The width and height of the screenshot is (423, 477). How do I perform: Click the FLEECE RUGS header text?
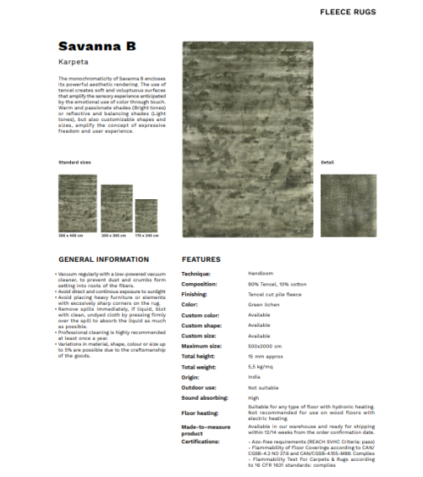[x=371, y=13]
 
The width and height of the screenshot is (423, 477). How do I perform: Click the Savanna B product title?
[x=97, y=45]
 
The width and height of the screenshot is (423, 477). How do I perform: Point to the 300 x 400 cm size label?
[x=71, y=234]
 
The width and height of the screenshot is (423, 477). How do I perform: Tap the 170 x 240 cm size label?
[x=146, y=234]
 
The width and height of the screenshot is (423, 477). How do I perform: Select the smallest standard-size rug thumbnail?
[x=146, y=214]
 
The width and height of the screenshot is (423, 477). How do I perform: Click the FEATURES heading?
[x=201, y=259]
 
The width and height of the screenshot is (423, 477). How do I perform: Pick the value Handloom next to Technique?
[x=260, y=275]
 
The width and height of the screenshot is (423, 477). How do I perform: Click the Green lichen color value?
[x=264, y=303]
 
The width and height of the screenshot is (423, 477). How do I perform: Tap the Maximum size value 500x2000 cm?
[x=266, y=346]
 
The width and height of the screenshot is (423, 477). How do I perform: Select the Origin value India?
[x=254, y=376]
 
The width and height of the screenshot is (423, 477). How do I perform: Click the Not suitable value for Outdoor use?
[x=263, y=386]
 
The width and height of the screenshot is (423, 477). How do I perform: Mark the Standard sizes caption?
[x=74, y=161]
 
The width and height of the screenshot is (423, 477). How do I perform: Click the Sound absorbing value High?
[x=253, y=397]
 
